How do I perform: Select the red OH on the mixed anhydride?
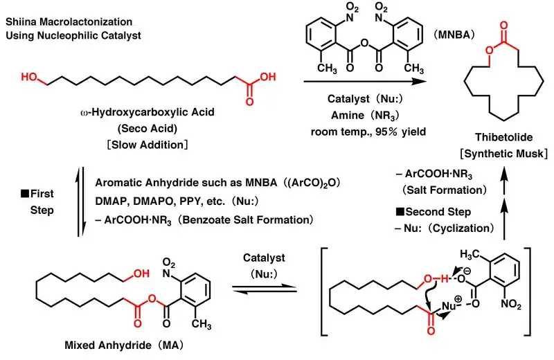[140, 275]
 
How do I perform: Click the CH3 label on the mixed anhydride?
[202, 323]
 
